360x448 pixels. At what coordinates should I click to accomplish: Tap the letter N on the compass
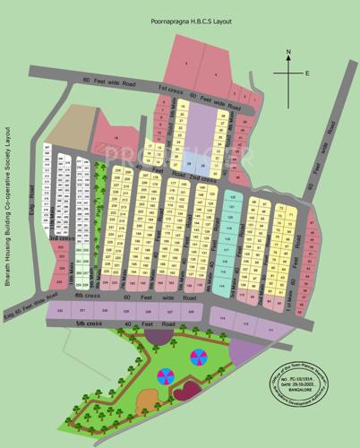tap(288, 53)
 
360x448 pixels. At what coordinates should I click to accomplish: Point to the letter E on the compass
tap(306, 73)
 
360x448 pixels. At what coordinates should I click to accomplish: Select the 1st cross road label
tap(170, 89)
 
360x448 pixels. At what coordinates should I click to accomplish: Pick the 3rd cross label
tap(60, 239)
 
